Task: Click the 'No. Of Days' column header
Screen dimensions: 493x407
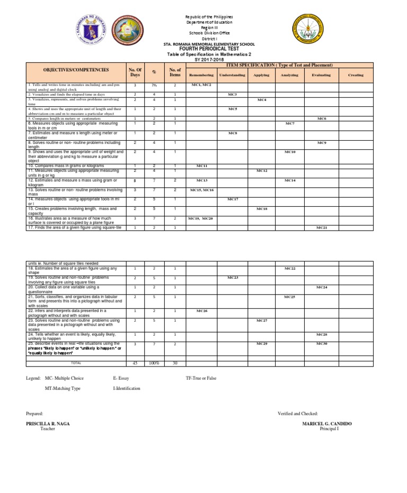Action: pos(135,72)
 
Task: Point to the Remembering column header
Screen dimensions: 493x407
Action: pos(201,75)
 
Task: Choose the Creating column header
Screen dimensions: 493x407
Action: pos(356,75)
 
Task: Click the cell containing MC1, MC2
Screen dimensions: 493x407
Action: pos(201,85)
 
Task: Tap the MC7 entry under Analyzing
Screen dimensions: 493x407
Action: pos(290,123)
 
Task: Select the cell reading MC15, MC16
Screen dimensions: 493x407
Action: pos(201,189)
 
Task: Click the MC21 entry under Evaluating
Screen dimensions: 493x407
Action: pos(322,227)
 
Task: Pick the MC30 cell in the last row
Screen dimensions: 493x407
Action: pos(322,344)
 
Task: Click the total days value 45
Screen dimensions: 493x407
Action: pos(135,363)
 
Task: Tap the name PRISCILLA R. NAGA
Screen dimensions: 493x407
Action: pos(48,424)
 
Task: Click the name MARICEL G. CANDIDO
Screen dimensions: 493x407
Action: pos(327,424)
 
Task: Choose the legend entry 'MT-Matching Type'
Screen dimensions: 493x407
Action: pos(63,388)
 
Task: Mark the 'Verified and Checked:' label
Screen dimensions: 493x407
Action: pos(297,413)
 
